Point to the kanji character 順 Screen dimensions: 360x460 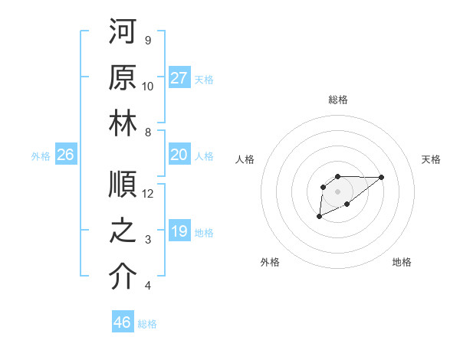[x=123, y=185]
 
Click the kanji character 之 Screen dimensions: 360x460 [x=123, y=230]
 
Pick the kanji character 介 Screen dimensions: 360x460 [x=123, y=277]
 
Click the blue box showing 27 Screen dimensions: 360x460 [x=179, y=77]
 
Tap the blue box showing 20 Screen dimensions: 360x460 [x=179, y=155]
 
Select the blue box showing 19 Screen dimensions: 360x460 [x=179, y=231]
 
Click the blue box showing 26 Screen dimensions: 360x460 [x=66, y=155]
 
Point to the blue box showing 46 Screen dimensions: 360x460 [x=123, y=322]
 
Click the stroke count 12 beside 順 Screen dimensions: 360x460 [x=148, y=193]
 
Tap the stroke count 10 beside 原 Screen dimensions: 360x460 [x=148, y=86]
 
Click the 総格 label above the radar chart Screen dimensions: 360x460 [x=337, y=100]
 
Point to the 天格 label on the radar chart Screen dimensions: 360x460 [x=432, y=159]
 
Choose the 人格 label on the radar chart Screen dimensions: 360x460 [x=245, y=159]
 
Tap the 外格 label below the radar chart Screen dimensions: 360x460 [x=270, y=262]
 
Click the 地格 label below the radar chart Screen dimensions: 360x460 [x=402, y=262]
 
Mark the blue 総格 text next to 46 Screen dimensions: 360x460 [x=147, y=324]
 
